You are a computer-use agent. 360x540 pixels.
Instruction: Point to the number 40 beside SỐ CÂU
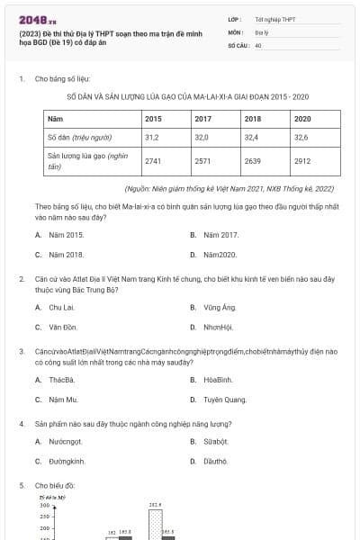click(258, 44)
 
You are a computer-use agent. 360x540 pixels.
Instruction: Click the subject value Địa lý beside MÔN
click(261, 31)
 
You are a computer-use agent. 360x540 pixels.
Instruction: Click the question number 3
click(21, 351)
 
